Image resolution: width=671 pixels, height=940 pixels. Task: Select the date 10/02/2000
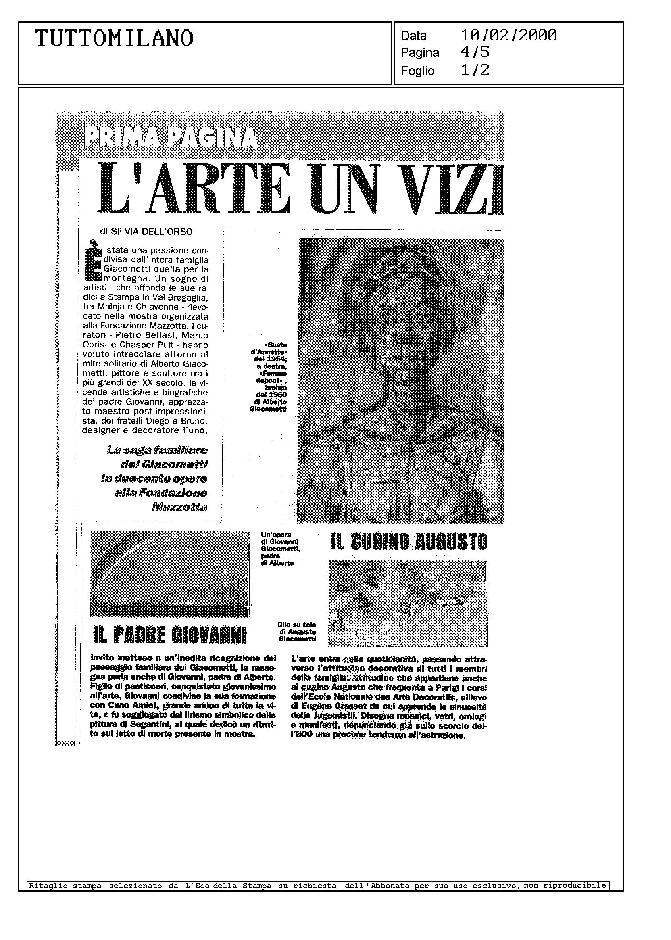pyautogui.click(x=508, y=35)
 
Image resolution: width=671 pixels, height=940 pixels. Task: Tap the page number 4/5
pyautogui.click(x=475, y=52)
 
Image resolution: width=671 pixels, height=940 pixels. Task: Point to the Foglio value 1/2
pyautogui.click(x=475, y=70)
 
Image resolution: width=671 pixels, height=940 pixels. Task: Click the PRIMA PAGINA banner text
pyautogui.click(x=170, y=138)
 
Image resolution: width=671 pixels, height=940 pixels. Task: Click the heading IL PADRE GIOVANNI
pyautogui.click(x=170, y=635)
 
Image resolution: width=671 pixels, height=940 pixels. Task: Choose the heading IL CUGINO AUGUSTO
pyautogui.click(x=409, y=541)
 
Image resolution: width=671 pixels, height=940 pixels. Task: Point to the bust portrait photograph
pyautogui.click(x=401, y=380)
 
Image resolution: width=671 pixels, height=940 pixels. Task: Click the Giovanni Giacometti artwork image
pyautogui.click(x=170, y=574)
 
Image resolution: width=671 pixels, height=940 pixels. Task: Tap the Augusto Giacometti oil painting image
pyautogui.click(x=408, y=603)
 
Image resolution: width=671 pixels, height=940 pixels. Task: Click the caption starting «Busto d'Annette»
pyautogui.click(x=268, y=376)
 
